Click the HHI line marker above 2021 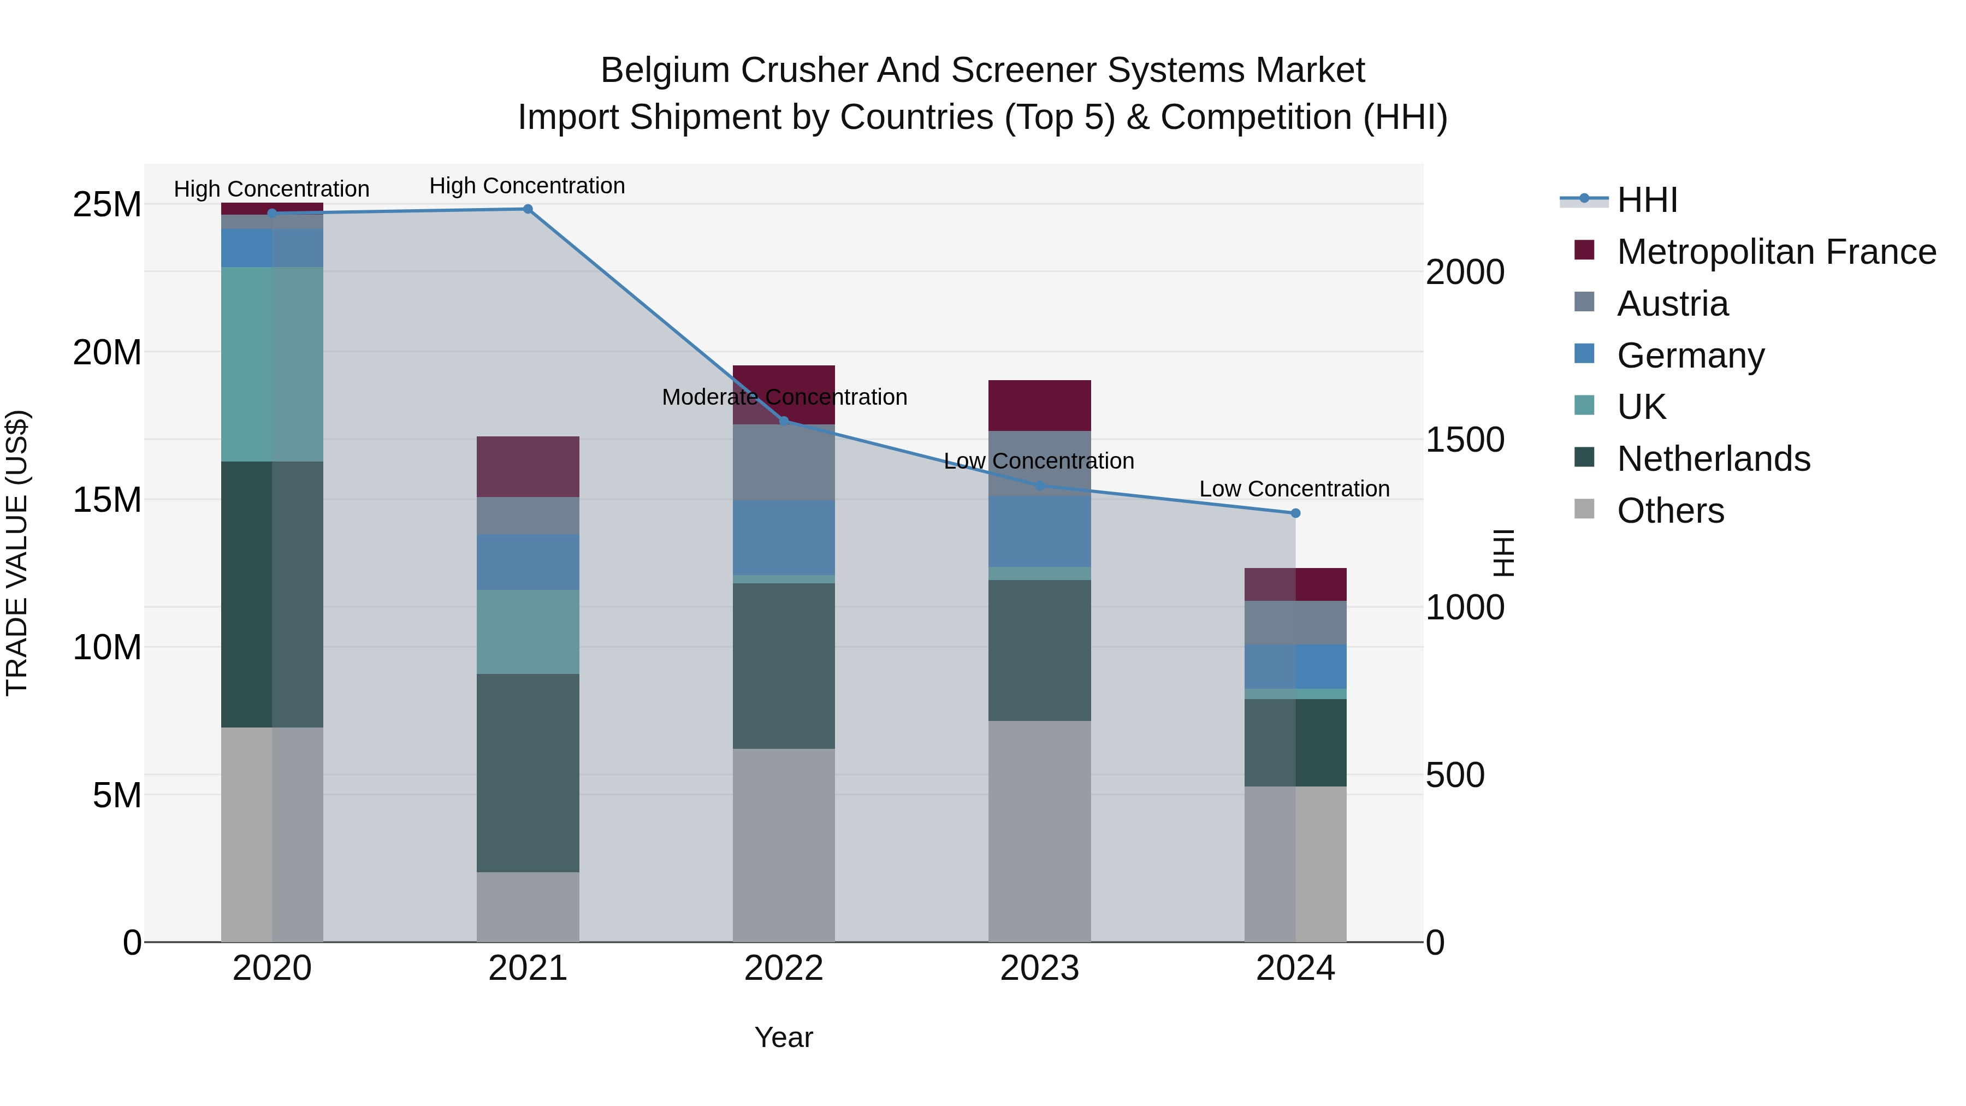click(x=528, y=209)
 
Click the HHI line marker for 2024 click(x=1295, y=513)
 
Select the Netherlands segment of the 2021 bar click(x=528, y=772)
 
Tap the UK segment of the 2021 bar click(x=528, y=631)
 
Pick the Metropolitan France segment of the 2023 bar click(x=1039, y=405)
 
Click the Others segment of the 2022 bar click(x=784, y=845)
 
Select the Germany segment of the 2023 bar click(x=1039, y=531)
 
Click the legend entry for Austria click(x=1672, y=304)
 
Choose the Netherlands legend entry click(x=1713, y=459)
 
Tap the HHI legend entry click(x=1647, y=200)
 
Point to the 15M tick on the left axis click(x=107, y=500)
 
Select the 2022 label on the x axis click(x=784, y=968)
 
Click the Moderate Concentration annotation click(x=784, y=397)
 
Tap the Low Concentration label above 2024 click(x=1294, y=488)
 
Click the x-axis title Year click(x=784, y=1037)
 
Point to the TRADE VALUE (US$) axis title click(x=17, y=553)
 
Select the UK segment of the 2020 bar click(x=272, y=364)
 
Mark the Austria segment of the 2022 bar click(x=784, y=463)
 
